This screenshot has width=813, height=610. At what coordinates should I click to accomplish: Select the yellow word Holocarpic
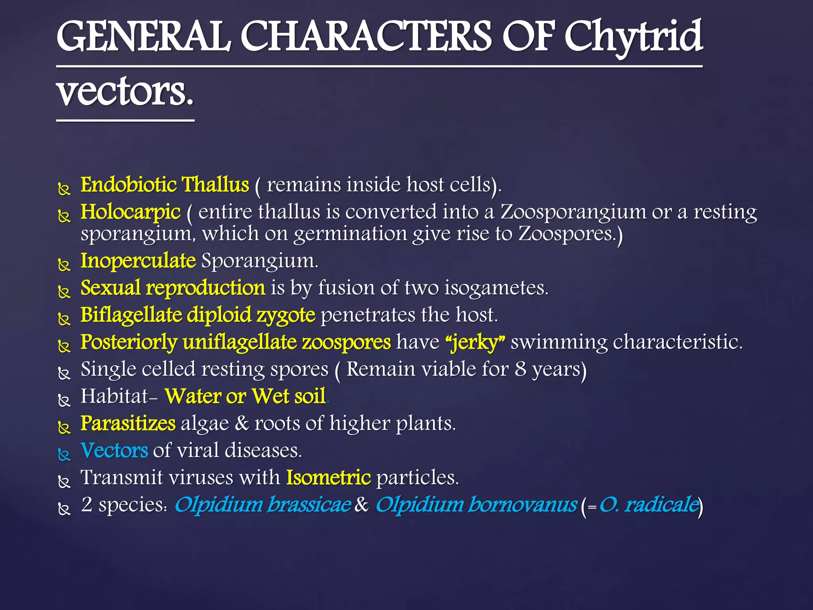click(x=131, y=212)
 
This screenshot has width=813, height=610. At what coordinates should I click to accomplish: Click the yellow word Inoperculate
click(x=138, y=261)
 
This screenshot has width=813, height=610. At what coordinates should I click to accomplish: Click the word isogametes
click(x=496, y=288)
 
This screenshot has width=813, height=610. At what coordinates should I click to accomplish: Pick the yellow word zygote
click(x=286, y=315)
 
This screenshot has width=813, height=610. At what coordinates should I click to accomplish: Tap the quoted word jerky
click(x=475, y=342)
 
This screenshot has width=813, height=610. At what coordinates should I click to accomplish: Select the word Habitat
click(x=114, y=396)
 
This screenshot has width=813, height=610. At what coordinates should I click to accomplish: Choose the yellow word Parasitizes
click(x=128, y=423)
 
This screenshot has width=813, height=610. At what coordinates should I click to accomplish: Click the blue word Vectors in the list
click(x=114, y=450)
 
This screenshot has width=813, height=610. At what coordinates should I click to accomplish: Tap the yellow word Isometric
click(x=329, y=477)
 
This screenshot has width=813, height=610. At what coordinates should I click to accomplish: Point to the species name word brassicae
click(x=309, y=504)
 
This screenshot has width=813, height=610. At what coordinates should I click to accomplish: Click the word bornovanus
click(x=522, y=504)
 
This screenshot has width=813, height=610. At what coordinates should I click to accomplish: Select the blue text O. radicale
click(x=649, y=504)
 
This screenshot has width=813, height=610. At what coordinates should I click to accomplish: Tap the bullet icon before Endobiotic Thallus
click(x=64, y=189)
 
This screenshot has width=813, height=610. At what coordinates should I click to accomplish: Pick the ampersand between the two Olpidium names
click(x=362, y=505)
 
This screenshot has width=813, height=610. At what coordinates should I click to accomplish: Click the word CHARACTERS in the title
click(x=366, y=38)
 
